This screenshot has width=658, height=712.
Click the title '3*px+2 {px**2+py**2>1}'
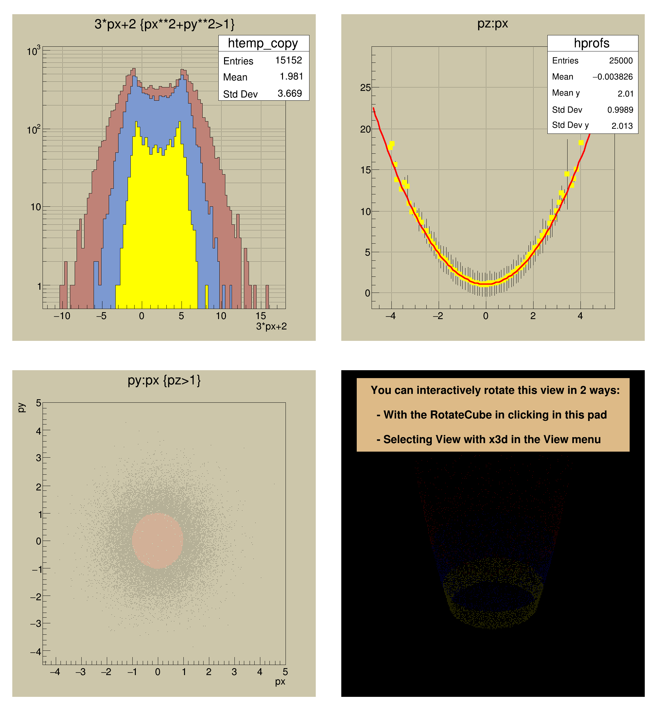tap(164, 24)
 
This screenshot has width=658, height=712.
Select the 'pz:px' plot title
tap(493, 24)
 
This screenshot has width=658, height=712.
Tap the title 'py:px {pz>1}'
tap(164, 380)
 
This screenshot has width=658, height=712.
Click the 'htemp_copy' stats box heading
tap(263, 43)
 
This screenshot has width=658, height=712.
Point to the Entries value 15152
tap(288, 60)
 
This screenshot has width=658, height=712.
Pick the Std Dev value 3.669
tap(290, 93)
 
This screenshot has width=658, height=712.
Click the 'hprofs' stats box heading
tap(592, 43)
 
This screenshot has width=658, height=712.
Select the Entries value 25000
tap(620, 61)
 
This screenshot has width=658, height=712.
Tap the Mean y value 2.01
tap(625, 94)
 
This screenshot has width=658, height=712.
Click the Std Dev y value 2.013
tap(622, 126)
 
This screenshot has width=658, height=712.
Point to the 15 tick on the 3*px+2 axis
tap(261, 316)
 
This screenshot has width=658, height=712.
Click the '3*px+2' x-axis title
tap(271, 326)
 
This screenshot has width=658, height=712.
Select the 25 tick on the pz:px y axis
tap(365, 88)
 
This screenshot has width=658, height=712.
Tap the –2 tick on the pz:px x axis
tap(438, 316)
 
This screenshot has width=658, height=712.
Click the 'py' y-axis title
tap(21, 407)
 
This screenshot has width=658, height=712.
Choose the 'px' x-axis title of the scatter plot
tap(280, 681)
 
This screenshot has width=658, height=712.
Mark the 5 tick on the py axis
tap(39, 403)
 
